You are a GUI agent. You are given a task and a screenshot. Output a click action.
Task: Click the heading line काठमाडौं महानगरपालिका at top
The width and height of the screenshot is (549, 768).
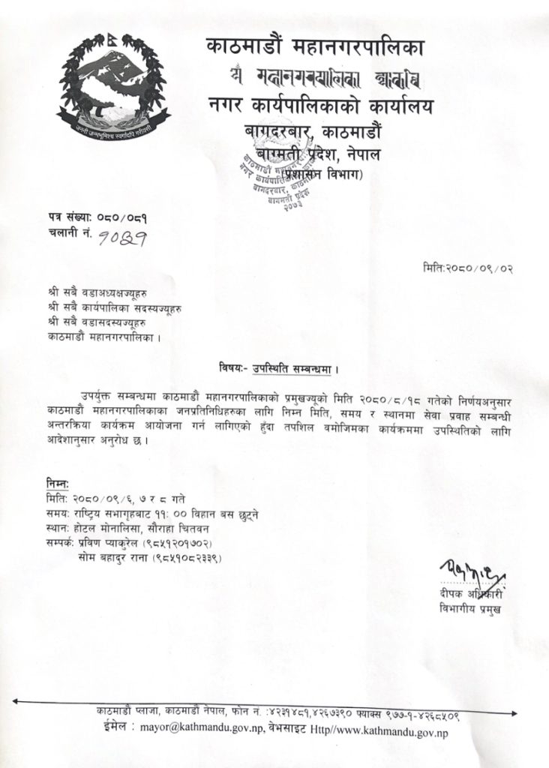tap(315, 49)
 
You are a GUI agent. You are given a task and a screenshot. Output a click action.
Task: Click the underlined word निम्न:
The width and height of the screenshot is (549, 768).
tap(57, 484)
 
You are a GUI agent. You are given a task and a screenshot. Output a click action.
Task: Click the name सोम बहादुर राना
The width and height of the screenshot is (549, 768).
tap(112, 558)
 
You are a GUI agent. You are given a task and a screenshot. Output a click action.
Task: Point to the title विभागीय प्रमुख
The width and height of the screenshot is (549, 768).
tap(469, 609)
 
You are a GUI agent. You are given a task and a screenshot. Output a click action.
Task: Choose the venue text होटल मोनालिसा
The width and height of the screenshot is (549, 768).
tap(104, 529)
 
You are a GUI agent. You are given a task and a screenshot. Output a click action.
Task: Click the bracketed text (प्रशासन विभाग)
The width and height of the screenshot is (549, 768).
tap(324, 175)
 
